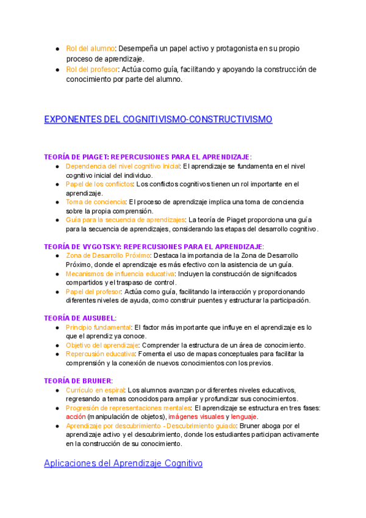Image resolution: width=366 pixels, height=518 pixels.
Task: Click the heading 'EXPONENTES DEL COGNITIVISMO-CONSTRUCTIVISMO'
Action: [x=158, y=119]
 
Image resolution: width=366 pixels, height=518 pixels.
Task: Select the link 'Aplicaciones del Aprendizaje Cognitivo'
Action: [x=123, y=464]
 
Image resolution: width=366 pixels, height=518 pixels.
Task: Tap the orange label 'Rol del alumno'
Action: [x=91, y=48]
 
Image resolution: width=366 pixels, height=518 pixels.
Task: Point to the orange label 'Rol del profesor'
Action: [x=93, y=69]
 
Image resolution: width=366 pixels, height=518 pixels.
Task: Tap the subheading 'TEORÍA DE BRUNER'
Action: [x=78, y=381]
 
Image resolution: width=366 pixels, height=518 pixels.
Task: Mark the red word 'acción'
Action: [x=76, y=417]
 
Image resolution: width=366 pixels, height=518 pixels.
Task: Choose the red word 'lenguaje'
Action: [x=244, y=417]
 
